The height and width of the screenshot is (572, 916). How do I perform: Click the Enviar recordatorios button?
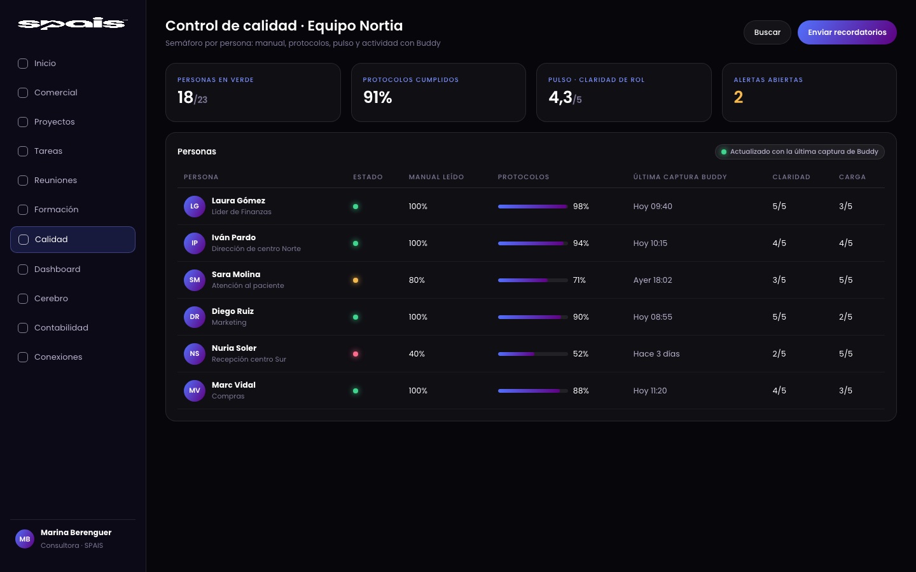pyautogui.click(x=847, y=32)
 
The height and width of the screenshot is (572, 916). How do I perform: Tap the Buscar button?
pyautogui.click(x=767, y=32)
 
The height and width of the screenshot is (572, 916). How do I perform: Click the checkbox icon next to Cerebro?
pyautogui.click(x=23, y=299)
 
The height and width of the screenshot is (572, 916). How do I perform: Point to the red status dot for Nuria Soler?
pyautogui.click(x=356, y=354)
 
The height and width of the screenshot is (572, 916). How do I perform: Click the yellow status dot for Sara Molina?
pyautogui.click(x=356, y=280)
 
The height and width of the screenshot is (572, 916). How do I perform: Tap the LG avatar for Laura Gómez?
pyautogui.click(x=194, y=207)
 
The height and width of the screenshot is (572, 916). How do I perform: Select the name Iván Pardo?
pyautogui.click(x=233, y=238)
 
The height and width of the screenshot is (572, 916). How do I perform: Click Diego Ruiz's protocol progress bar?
pyautogui.click(x=532, y=317)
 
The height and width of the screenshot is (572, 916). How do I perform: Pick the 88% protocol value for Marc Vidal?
pyautogui.click(x=581, y=391)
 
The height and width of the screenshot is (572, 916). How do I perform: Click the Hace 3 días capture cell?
pyautogui.click(x=656, y=354)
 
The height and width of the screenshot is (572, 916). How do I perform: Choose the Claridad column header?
pyautogui.click(x=791, y=177)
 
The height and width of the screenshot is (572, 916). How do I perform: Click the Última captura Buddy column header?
pyautogui.click(x=680, y=177)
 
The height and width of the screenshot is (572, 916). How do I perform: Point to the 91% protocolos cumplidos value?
pyautogui.click(x=377, y=97)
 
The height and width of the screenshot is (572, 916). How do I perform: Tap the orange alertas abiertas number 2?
pyautogui.click(x=738, y=97)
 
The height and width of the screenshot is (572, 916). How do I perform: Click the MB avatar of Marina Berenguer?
pyautogui.click(x=25, y=539)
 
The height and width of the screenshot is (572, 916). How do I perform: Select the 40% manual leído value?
pyautogui.click(x=417, y=354)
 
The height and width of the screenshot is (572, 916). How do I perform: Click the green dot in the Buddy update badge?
pyautogui.click(x=723, y=152)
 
